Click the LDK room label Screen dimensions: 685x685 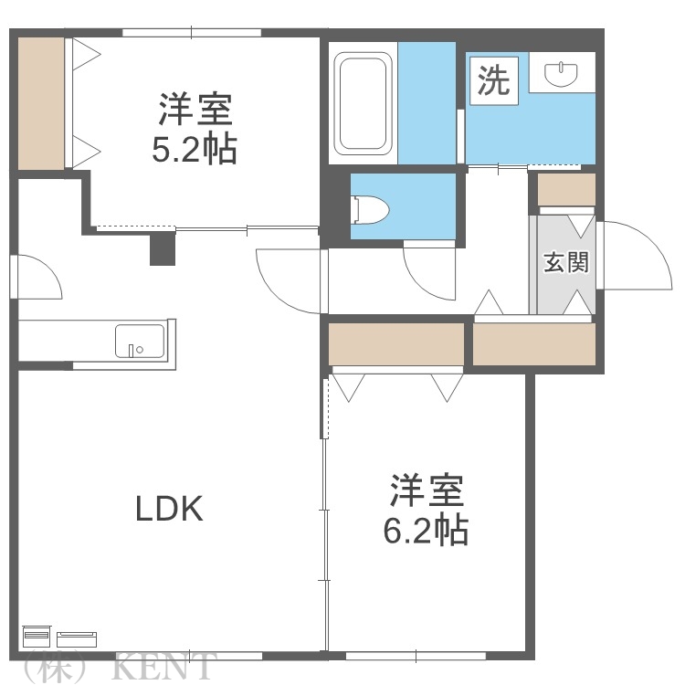(169, 509)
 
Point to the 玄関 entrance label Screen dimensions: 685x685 (565, 263)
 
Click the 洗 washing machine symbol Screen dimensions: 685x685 (492, 82)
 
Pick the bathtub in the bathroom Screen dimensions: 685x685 (364, 104)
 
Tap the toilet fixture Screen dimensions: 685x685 (370, 209)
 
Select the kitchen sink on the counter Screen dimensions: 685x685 (140, 342)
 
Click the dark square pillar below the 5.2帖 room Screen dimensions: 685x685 (162, 248)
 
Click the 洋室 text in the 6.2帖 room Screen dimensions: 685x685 (427, 491)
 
